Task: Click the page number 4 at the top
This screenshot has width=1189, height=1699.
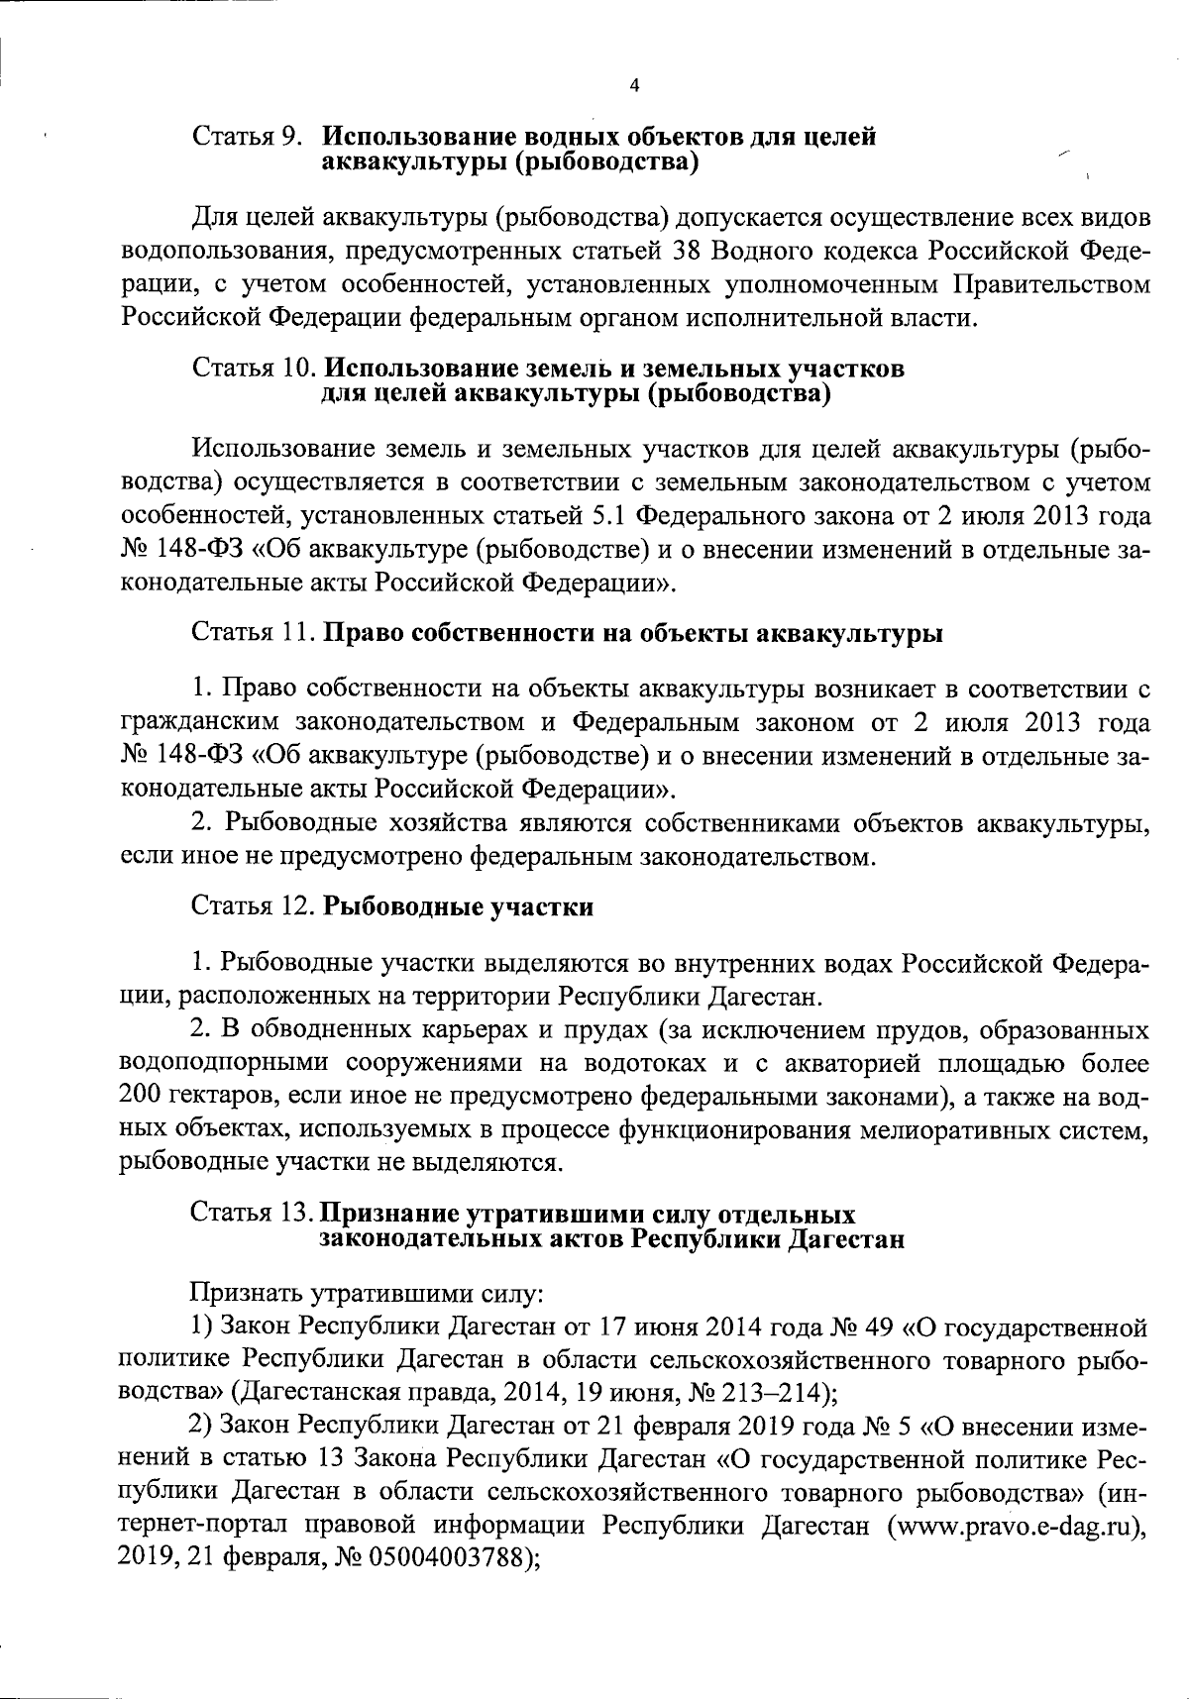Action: pos(634,86)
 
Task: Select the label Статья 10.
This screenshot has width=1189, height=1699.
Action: pos(253,370)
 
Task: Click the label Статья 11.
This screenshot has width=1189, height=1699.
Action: pos(253,634)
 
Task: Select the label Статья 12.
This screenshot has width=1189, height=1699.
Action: pos(253,907)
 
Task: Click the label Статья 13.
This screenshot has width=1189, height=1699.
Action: pos(253,1214)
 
